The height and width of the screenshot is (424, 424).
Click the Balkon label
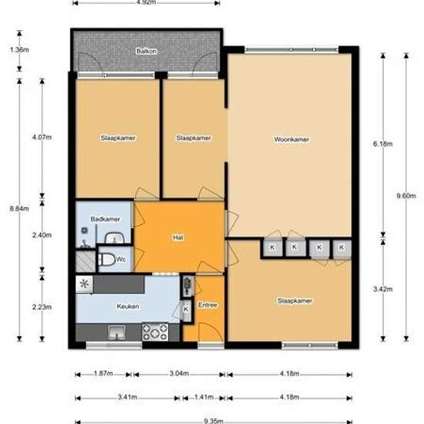pos(146,51)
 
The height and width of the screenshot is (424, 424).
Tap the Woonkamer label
pos(291,140)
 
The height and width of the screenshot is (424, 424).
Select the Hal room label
pos(178,237)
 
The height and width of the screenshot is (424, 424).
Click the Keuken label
pos(128,306)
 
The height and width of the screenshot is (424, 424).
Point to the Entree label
pos(207,305)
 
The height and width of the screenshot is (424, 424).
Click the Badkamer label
pos(105,219)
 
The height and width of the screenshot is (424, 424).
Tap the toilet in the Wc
pos(106,259)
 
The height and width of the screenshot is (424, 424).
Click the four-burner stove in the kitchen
pos(155,332)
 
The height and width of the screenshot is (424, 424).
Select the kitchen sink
pos(116,332)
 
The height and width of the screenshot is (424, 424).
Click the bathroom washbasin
pos(114,238)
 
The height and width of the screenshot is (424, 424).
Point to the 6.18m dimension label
pos(382,144)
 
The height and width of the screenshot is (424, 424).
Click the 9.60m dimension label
pos(405,196)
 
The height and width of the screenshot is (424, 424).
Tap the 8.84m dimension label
pos(19,209)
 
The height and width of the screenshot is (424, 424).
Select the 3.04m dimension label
pos(179,374)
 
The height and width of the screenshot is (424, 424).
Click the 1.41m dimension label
pos(204,397)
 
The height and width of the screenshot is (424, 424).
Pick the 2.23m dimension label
pos(42,307)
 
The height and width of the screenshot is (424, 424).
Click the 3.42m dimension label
pos(382,289)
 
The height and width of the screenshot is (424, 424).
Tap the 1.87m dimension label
pos(103,374)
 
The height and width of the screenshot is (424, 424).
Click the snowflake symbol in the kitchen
pos(84,284)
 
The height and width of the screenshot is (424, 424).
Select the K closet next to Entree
pos(186,309)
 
